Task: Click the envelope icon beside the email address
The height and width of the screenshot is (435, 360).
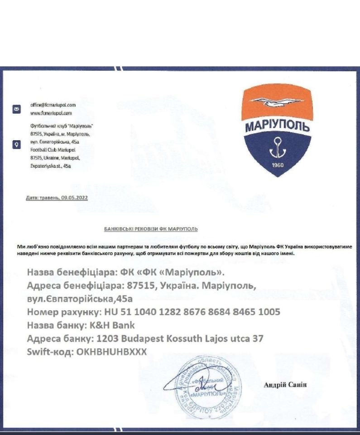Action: pyautogui.click(x=17, y=109)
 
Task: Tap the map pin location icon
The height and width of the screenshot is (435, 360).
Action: pyautogui.click(x=17, y=145)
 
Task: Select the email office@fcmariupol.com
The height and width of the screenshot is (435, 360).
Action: pyautogui.click(x=53, y=105)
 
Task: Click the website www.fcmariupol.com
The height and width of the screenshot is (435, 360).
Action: pyautogui.click(x=51, y=112)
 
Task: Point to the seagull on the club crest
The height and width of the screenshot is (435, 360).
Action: pyautogui.click(x=277, y=102)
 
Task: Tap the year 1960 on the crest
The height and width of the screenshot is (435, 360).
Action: pyautogui.click(x=278, y=165)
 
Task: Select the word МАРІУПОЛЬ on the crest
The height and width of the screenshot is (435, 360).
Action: pyautogui.click(x=277, y=126)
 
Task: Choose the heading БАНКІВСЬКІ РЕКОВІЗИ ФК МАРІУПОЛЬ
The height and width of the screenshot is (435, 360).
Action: pyautogui.click(x=151, y=229)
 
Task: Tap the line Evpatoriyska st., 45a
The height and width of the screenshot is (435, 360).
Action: pyautogui.click(x=50, y=166)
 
